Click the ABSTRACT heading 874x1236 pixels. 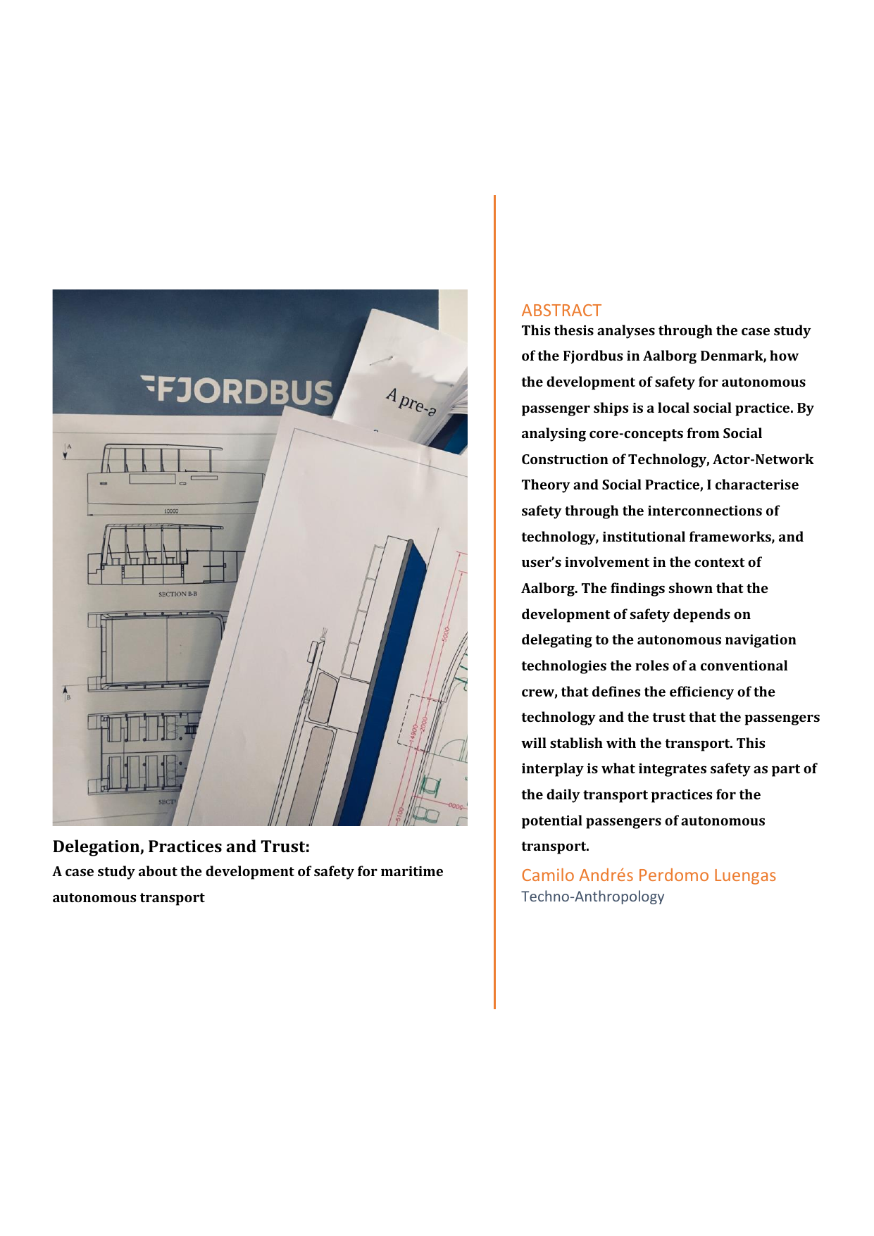(561, 311)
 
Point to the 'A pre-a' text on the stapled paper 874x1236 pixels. (411, 401)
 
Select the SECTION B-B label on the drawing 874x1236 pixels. (177, 594)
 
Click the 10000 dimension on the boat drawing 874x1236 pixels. (170, 511)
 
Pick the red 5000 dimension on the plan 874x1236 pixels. (445, 635)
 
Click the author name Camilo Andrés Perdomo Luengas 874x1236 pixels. (648, 875)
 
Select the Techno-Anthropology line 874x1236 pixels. (592, 897)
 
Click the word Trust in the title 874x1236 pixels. (285, 847)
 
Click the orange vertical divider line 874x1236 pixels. (494, 599)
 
